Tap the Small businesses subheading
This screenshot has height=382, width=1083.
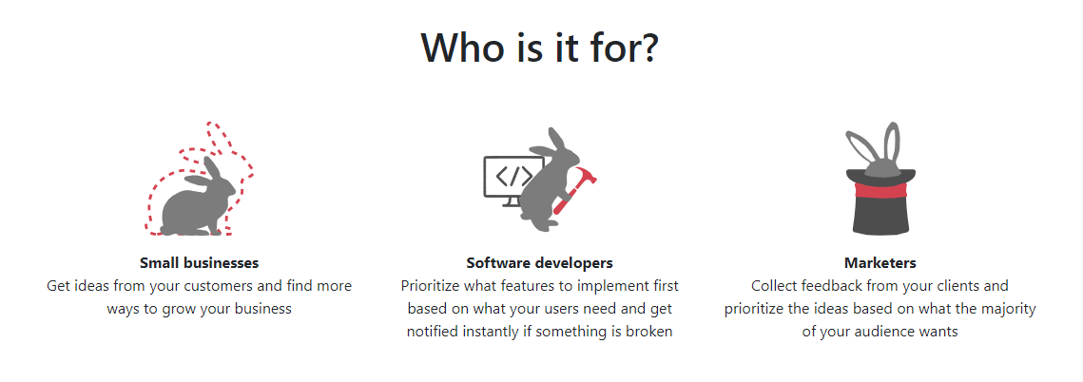(199, 262)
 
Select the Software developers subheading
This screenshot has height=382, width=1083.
(539, 263)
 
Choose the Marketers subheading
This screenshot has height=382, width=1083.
(880, 262)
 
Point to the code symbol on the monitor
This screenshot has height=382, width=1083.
(514, 177)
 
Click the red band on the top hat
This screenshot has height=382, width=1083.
(880, 190)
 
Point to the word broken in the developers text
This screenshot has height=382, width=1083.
(650, 331)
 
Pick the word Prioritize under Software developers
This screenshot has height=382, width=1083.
(431, 285)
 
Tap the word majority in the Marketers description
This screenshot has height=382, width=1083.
(1011, 308)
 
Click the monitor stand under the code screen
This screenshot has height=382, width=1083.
(512, 201)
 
